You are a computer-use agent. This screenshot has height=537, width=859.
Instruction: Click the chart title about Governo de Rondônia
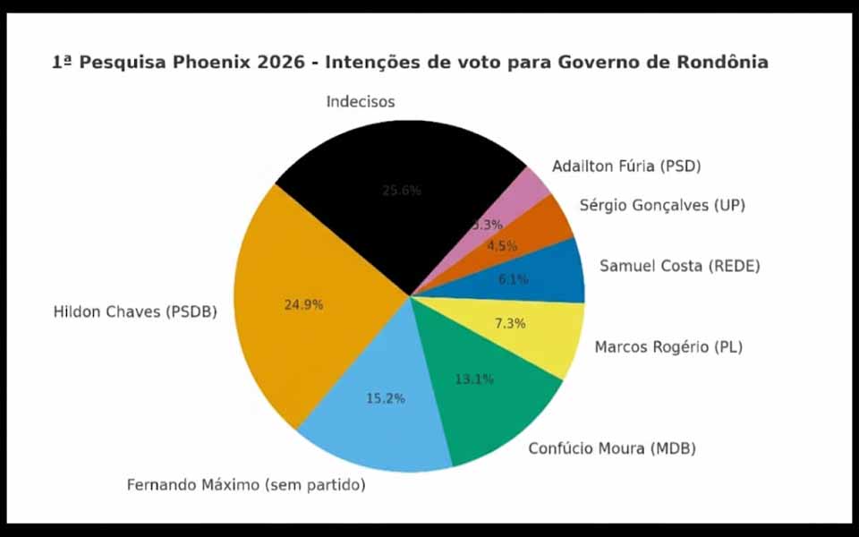409,63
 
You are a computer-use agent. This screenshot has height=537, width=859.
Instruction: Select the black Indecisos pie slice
394,215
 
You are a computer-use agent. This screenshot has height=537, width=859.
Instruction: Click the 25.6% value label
401,191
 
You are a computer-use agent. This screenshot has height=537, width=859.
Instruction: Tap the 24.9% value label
303,304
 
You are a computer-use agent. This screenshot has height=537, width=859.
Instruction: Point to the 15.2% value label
385,398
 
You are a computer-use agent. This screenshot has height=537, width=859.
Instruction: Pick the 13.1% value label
473,379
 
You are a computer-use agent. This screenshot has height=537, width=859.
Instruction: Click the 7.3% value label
509,323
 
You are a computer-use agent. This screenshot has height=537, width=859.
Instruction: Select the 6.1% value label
513,279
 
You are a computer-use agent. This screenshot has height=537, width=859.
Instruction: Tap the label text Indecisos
361,102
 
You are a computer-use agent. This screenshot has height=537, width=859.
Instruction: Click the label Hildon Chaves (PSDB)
135,312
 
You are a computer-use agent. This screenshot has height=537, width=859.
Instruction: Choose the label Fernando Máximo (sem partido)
246,485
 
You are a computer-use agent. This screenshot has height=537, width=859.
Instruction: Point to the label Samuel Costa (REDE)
679,266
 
